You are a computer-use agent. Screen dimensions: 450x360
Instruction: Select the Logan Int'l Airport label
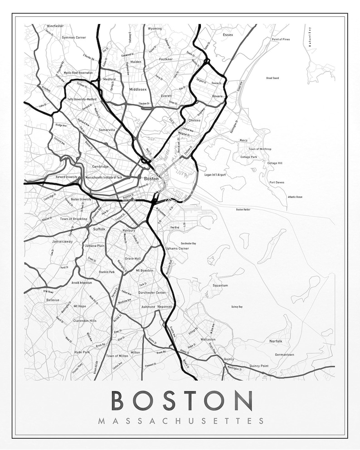[x=215, y=174]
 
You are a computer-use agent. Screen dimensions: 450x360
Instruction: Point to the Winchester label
[x=55, y=26]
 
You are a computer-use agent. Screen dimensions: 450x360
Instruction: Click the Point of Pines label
[x=281, y=39]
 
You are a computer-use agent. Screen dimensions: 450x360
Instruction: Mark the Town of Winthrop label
[x=260, y=149]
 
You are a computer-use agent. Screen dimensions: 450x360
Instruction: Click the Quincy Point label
[x=259, y=366]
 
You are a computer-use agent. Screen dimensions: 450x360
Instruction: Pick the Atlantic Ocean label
[x=295, y=197]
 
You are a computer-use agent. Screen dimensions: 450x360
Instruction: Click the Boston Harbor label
[x=243, y=210]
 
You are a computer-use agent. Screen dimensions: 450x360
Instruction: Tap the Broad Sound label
[x=272, y=78]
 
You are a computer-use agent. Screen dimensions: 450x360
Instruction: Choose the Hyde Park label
[x=83, y=352]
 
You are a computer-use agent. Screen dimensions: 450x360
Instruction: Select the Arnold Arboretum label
[x=82, y=283]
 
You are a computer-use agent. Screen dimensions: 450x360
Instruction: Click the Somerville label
[x=107, y=130]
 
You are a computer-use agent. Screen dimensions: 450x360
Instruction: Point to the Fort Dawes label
[x=277, y=183]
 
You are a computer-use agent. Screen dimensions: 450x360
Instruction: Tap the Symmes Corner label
[x=74, y=37]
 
